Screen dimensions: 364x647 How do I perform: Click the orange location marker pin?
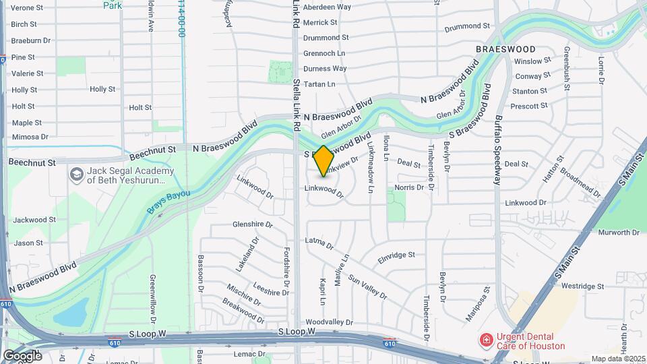pos(323,161)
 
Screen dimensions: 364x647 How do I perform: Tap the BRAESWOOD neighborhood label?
pos(505,49)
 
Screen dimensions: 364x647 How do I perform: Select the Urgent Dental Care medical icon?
pos(485,340)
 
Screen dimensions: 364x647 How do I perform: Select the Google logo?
pos(22,355)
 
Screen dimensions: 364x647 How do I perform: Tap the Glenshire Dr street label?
pos(252,224)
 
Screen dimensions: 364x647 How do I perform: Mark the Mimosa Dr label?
pos(30,137)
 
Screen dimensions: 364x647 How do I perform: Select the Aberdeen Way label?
pos(327,7)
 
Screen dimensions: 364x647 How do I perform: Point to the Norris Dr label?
pos(409,187)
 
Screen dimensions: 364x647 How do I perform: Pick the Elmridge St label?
pos(396,255)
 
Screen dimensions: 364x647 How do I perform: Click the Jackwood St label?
pos(34,220)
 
